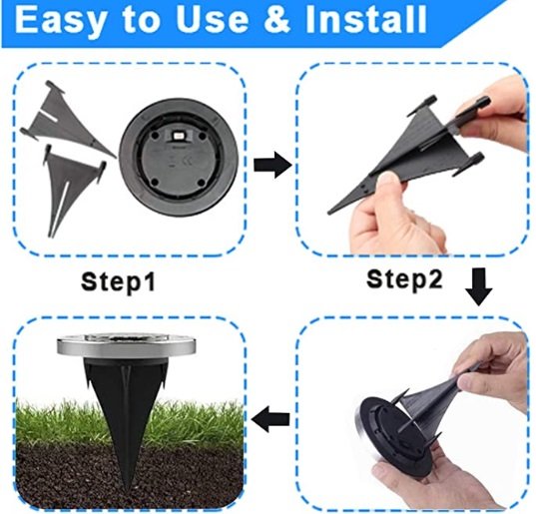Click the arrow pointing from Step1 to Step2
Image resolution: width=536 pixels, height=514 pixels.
268,167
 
